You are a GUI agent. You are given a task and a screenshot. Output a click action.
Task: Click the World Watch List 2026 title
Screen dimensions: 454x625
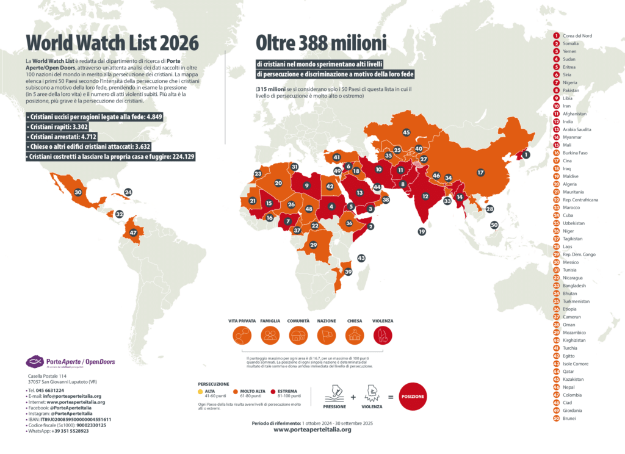112,43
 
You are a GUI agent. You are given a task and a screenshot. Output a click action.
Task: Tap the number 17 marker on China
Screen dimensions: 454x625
480,173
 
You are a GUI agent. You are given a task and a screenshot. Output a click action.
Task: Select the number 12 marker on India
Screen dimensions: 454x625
425,196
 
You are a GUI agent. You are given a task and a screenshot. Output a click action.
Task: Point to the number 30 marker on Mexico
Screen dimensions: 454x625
78,192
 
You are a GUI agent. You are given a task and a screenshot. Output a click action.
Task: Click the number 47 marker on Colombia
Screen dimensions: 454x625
134,232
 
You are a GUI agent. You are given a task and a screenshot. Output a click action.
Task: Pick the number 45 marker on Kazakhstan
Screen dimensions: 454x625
406,132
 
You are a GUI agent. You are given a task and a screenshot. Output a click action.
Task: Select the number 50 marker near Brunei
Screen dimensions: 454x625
494,225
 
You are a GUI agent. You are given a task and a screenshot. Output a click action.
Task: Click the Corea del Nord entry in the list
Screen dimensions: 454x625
577,36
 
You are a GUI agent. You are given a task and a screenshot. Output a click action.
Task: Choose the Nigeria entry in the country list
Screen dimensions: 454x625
570,82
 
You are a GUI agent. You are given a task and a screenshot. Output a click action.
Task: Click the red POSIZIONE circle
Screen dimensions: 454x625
412,396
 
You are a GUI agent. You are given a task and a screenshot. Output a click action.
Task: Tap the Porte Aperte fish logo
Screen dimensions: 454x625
34,361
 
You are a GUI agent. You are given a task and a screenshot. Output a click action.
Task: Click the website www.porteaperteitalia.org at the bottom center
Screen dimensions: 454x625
312,430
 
